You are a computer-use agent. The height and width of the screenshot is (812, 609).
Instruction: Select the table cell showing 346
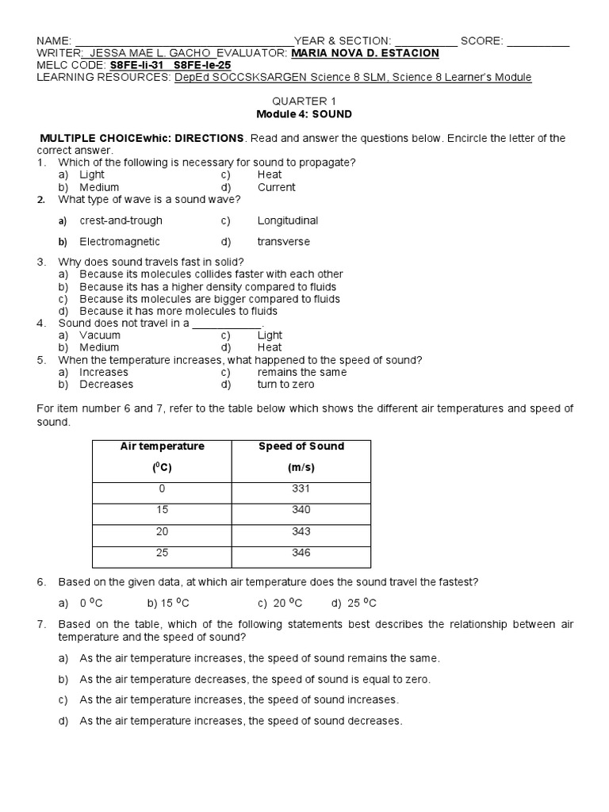coord(301,553)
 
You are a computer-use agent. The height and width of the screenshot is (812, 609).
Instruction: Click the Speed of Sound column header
coord(301,457)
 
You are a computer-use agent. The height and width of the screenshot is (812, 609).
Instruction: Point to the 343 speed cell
coord(301,531)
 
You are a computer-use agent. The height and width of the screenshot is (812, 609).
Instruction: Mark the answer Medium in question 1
coord(99,187)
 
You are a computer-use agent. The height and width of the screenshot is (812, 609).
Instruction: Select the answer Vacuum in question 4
coord(100,335)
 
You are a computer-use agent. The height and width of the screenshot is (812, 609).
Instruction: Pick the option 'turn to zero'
coord(285,385)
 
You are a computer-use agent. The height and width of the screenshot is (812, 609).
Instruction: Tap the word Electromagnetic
coord(120,242)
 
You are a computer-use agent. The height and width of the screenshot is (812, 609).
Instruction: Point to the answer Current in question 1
coord(276,187)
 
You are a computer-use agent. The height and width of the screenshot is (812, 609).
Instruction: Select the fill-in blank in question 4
coord(227,324)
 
